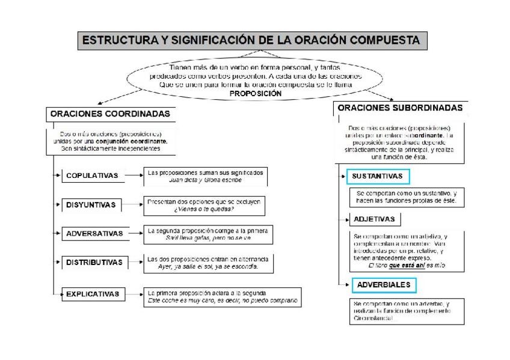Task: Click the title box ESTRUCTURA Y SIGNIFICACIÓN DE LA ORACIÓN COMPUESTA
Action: click(x=252, y=40)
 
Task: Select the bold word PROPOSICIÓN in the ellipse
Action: click(x=256, y=94)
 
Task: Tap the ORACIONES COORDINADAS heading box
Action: click(x=109, y=114)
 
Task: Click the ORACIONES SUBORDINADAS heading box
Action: click(x=400, y=108)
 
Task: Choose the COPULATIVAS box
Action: click(x=92, y=176)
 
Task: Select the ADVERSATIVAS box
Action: click(x=94, y=234)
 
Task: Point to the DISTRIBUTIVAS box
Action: click(x=94, y=263)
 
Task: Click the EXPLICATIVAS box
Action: click(x=93, y=294)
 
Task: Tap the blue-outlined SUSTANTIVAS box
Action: click(x=378, y=177)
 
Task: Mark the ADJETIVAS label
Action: click(x=374, y=219)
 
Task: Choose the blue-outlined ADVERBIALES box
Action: click(x=383, y=284)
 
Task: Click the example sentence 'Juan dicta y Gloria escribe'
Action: click(x=205, y=180)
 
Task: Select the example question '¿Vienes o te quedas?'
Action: click(x=204, y=209)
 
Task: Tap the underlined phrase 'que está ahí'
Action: click(x=407, y=265)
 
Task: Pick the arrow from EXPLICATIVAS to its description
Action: click(x=134, y=294)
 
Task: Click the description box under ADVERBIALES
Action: click(x=401, y=311)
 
